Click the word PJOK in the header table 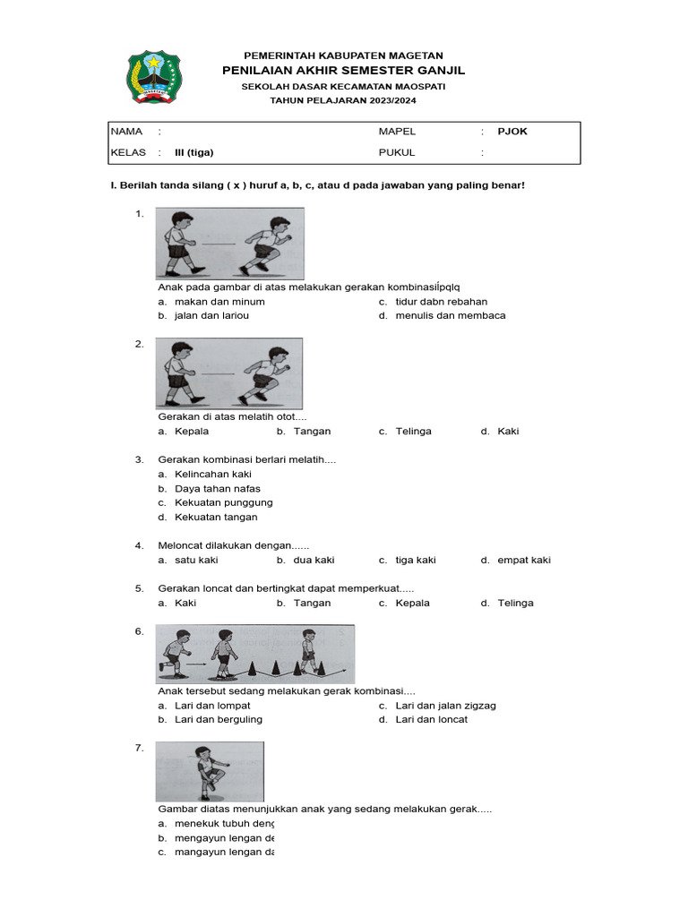(512, 132)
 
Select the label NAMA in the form (126, 132)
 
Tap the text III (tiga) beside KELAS (193, 152)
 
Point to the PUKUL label (397, 152)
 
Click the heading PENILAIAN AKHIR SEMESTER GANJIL (343, 71)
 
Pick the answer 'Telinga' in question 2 (413, 431)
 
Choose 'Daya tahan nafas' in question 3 (217, 489)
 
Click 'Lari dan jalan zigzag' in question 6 (445, 705)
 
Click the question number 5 (139, 588)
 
